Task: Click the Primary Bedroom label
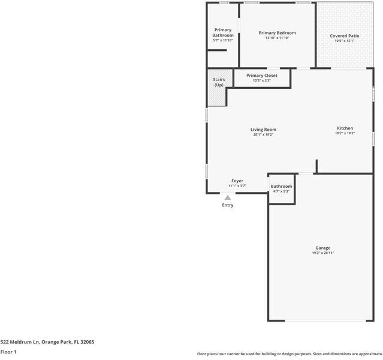277,33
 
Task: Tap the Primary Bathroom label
223,32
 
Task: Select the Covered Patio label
345,36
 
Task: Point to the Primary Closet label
261,76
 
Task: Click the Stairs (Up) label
219,82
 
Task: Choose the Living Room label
263,130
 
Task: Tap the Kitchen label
345,128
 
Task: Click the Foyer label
237,181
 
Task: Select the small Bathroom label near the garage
281,186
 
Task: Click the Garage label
323,248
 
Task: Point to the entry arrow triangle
228,197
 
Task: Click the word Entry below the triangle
228,205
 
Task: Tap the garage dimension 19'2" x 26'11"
322,253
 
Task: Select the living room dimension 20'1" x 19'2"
263,134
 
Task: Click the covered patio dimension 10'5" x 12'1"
345,41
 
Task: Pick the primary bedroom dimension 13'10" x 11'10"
277,38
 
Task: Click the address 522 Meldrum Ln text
47,342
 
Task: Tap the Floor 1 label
8,352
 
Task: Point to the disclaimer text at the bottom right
289,354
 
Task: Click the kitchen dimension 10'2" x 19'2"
345,133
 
